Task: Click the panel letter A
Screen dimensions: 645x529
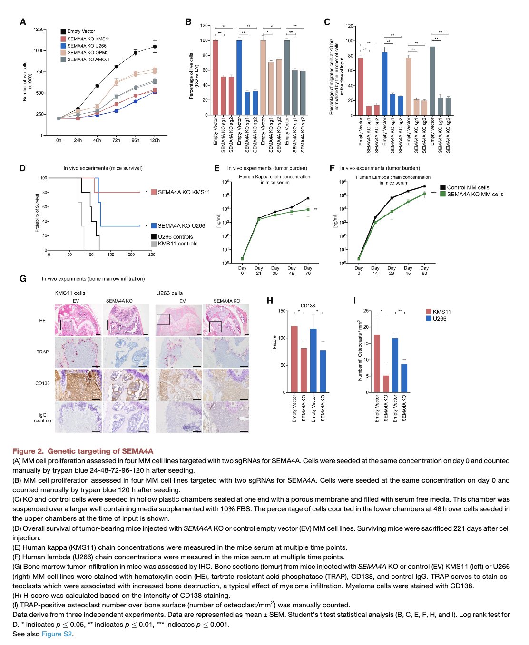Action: (x=23, y=22)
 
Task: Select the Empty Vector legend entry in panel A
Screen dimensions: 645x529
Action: (x=81, y=31)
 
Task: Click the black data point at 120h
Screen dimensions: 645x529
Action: (x=155, y=46)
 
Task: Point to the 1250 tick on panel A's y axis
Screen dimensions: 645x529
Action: (x=38, y=29)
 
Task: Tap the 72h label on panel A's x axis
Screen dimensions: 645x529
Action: (x=116, y=140)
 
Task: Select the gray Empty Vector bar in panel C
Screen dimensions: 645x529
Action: (x=432, y=80)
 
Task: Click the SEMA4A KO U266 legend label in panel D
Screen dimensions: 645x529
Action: (x=181, y=226)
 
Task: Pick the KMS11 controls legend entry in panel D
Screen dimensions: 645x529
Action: (x=177, y=244)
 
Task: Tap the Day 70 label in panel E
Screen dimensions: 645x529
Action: (x=308, y=271)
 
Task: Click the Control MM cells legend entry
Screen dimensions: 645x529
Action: (x=468, y=187)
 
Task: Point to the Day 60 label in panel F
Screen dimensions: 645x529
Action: (x=424, y=271)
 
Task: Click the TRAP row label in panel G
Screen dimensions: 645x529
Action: (x=43, y=352)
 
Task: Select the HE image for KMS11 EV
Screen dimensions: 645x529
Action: (x=78, y=321)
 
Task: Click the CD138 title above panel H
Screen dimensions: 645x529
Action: (x=308, y=305)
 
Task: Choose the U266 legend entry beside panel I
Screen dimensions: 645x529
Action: (x=439, y=319)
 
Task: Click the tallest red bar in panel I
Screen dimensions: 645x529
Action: (x=377, y=363)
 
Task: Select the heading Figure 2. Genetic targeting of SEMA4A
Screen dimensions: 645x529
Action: (x=83, y=451)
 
